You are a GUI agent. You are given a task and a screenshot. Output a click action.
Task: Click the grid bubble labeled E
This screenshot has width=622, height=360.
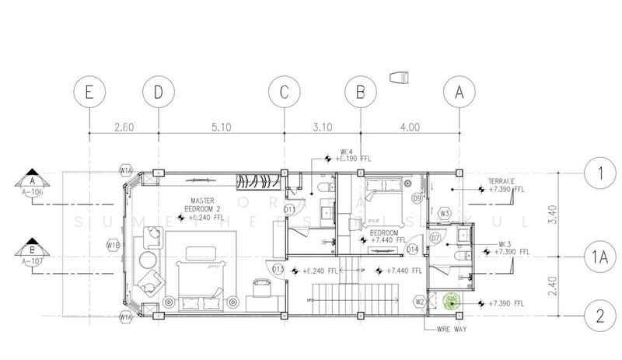pos(89,92)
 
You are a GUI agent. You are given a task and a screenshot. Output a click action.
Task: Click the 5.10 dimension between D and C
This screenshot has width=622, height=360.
pos(221,126)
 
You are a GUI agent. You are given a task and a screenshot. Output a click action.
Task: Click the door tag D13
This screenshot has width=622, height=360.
pos(278,270)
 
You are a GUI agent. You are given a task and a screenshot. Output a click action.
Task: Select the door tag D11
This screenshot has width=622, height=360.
pos(288,209)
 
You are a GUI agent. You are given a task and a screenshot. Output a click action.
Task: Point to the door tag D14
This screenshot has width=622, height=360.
pos(412,250)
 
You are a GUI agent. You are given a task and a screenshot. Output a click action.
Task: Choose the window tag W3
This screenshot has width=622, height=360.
pos(446,212)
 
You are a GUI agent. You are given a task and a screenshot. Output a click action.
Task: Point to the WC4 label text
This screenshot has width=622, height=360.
pos(348,152)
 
